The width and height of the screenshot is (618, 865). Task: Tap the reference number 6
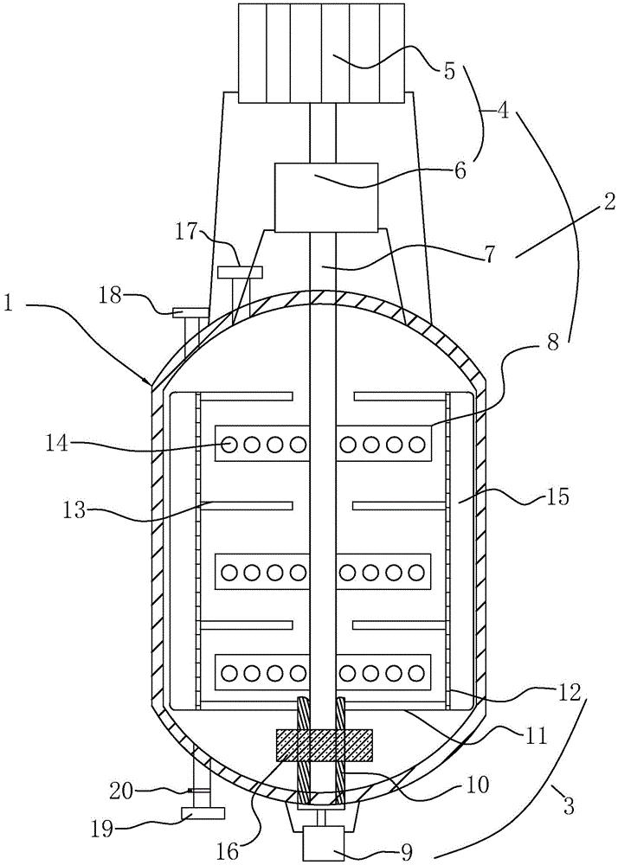click(460, 170)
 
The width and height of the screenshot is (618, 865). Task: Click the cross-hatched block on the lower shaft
click(323, 742)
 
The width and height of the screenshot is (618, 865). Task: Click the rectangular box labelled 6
click(326, 196)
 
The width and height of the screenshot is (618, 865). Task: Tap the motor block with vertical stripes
click(320, 52)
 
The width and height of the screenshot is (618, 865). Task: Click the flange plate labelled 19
click(203, 814)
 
